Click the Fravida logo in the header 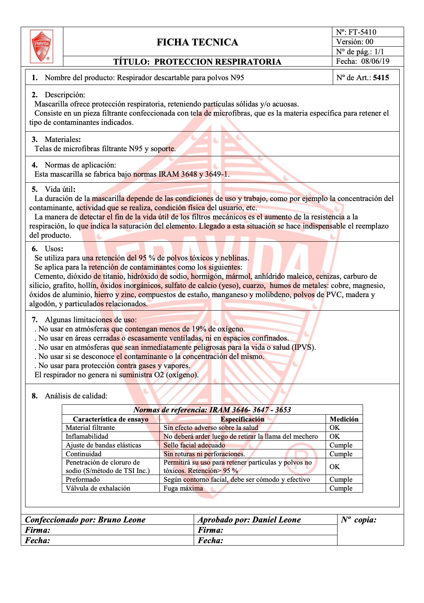[x=41, y=46]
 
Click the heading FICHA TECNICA [x=197, y=42]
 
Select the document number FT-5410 [x=362, y=32]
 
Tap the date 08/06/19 [x=375, y=61]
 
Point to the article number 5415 [x=381, y=78]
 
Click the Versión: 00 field [x=355, y=42]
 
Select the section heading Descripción [x=65, y=95]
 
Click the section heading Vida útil [x=60, y=189]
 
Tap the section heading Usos [x=54, y=249]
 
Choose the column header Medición [x=344, y=419]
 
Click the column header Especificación [x=242, y=419]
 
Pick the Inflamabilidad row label [x=87, y=436]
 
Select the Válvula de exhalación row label [x=98, y=488]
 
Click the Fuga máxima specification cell [x=183, y=488]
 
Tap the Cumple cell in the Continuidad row [x=341, y=454]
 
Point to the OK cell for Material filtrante [x=334, y=428]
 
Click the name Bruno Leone [x=122, y=520]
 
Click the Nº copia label [x=359, y=520]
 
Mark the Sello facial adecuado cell [x=194, y=445]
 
